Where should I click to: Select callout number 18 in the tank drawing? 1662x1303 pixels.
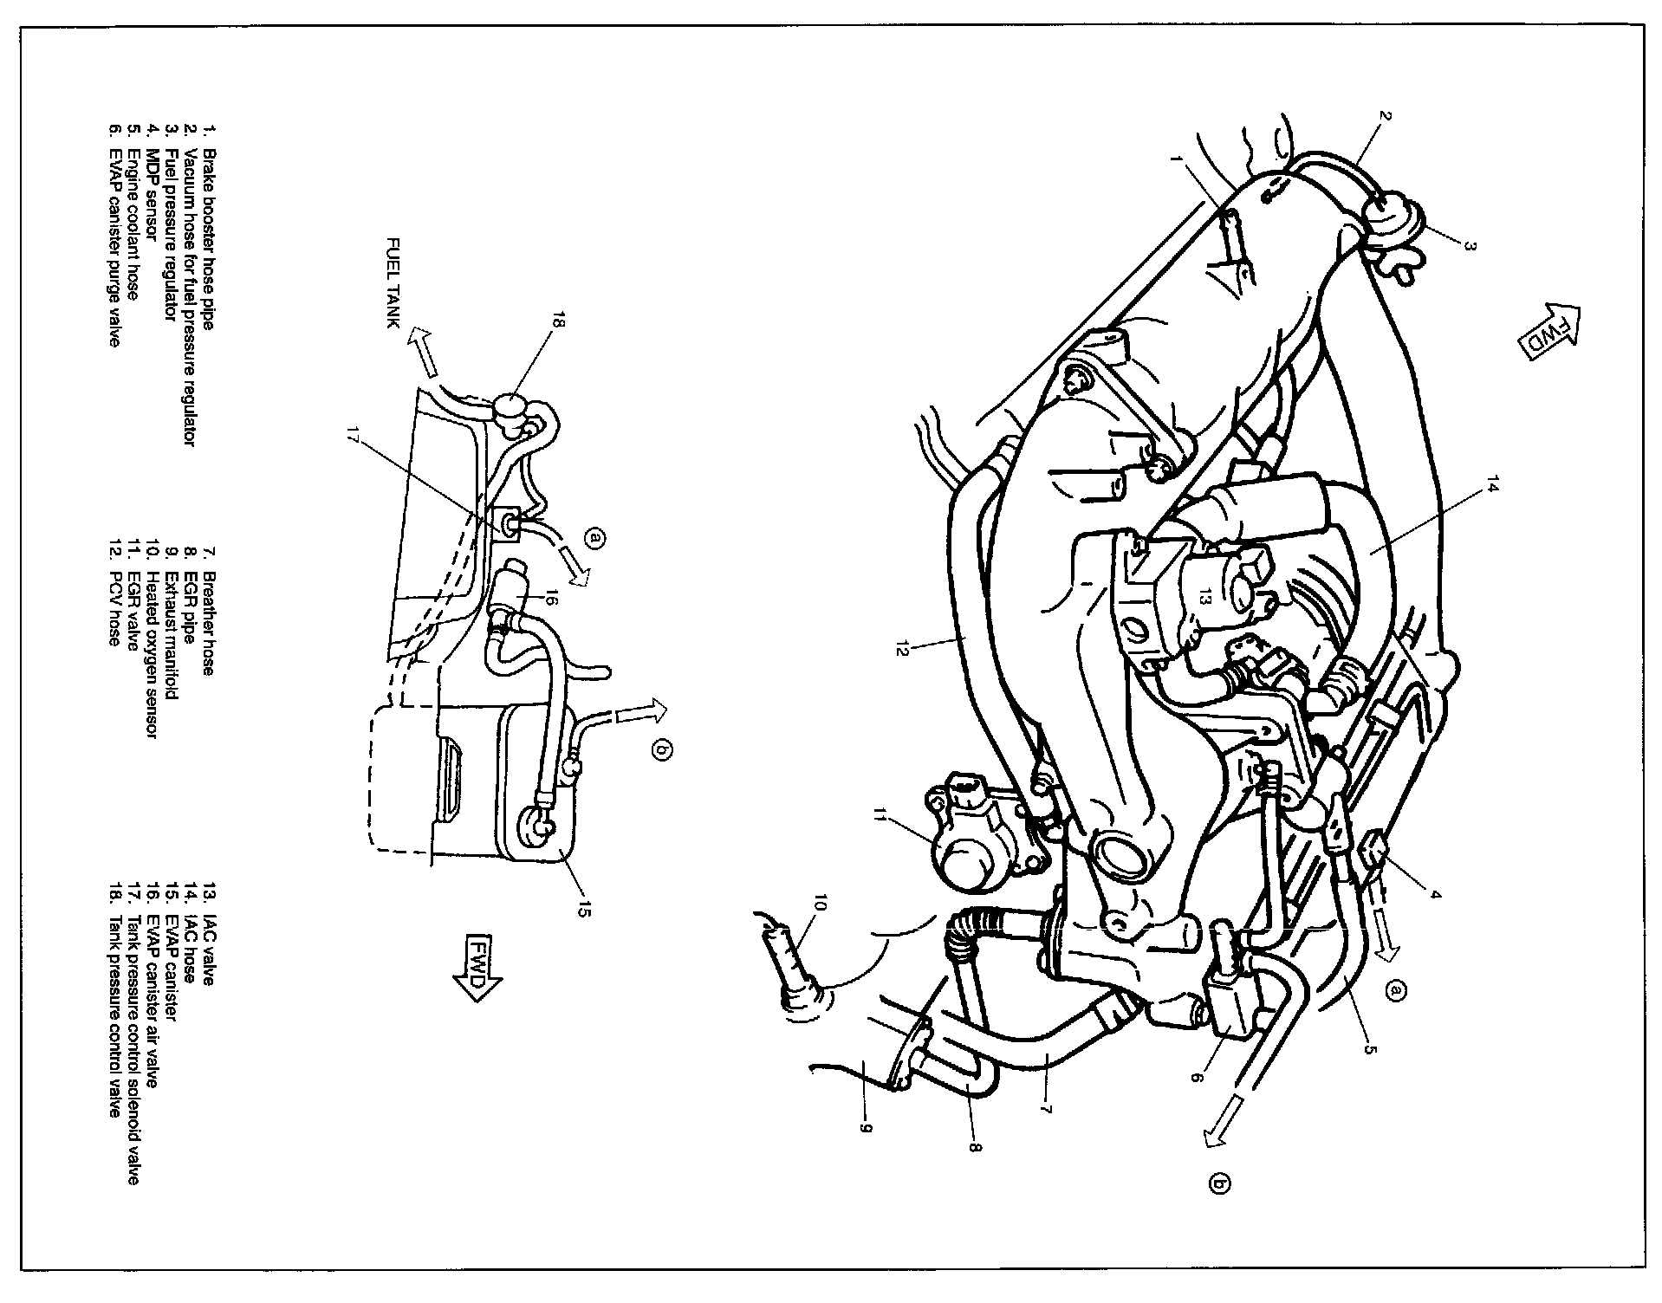[555, 324]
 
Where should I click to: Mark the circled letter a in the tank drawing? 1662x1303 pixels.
[593, 539]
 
